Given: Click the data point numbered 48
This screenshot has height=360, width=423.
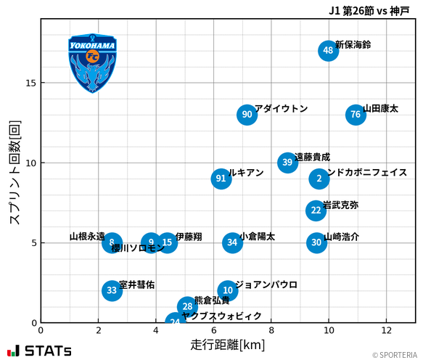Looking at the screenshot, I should [x=329, y=51].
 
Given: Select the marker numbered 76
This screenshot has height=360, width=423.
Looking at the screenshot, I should [x=355, y=115].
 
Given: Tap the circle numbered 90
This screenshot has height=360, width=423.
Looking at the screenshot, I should [x=247, y=115].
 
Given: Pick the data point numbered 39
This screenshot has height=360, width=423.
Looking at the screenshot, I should [x=287, y=163].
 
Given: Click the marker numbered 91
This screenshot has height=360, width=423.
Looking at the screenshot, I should [x=221, y=179].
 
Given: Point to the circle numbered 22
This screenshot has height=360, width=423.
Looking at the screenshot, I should [x=316, y=210].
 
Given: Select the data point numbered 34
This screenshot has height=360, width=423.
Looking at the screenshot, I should [x=231, y=242].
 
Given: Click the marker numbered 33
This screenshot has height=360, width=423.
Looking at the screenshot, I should [x=111, y=290].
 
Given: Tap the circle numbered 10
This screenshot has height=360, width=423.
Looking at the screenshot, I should [x=227, y=290].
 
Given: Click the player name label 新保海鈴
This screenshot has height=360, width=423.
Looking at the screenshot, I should [x=353, y=45].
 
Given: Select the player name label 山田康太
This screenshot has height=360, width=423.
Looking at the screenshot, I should [x=380, y=109].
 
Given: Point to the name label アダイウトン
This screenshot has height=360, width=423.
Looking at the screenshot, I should [x=281, y=109].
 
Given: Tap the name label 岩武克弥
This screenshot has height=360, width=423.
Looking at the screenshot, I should [x=340, y=205].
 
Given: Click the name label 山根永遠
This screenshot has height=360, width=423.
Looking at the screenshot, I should [x=87, y=237].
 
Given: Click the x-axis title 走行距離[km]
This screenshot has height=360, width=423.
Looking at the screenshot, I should [x=228, y=343].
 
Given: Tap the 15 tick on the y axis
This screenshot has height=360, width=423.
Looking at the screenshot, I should [x=31, y=83].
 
